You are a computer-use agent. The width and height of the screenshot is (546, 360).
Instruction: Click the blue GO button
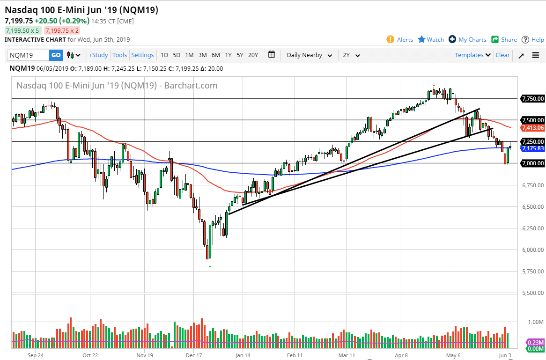point(56,55)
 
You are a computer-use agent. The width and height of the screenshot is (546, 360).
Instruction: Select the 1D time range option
point(164,55)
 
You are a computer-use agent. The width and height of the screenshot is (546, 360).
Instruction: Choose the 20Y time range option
point(253,55)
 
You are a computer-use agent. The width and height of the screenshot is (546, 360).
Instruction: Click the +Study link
point(98,55)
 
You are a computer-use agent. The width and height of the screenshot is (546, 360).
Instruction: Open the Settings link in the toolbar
point(142,55)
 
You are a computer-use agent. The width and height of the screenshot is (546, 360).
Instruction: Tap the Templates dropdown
point(472,55)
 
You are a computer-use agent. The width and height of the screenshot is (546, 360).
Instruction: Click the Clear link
point(502,55)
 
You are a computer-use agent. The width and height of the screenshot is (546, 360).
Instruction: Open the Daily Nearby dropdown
point(309,55)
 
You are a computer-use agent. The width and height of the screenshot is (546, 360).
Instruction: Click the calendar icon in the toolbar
point(272,54)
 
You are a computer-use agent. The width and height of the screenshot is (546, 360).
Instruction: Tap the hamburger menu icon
point(536,55)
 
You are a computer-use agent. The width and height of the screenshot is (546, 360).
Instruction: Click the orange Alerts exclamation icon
point(391,39)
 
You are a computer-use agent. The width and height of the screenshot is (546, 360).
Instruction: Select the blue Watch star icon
point(422,39)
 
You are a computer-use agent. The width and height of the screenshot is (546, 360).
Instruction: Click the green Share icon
point(495,39)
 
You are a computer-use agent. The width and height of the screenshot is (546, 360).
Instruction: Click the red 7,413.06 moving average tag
point(533,128)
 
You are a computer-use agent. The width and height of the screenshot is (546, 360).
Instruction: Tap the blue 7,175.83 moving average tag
point(533,148)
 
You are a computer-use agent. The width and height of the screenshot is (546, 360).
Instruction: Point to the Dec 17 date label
point(194,355)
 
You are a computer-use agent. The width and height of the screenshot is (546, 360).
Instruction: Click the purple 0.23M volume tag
point(536,343)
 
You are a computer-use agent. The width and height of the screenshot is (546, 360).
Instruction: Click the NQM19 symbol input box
point(28,55)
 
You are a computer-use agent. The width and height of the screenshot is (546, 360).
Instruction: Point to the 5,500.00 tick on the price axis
point(533,293)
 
